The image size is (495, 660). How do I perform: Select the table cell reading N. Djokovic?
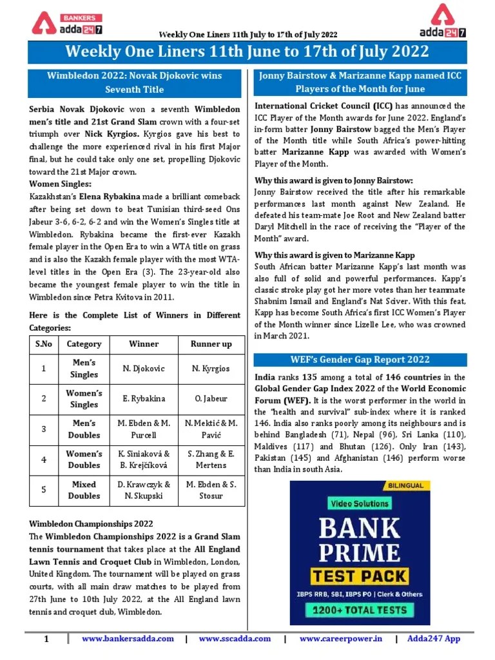144,369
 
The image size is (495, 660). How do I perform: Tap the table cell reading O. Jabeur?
211,399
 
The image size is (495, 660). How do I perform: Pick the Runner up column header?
211,344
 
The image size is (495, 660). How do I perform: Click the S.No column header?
44,344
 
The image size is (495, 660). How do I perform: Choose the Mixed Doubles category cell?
84,490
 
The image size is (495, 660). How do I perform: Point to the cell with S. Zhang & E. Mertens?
211,460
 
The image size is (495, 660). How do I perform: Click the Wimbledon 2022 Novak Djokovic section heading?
134,82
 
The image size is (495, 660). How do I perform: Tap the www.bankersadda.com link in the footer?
128,639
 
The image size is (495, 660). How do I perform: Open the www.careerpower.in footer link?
340,639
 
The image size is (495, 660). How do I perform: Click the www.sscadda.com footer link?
235,639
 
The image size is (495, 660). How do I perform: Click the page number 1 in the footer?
46,639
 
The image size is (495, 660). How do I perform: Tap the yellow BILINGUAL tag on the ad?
405,485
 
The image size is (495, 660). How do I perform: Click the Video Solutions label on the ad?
360,503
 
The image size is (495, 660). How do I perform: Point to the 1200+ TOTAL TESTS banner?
360,609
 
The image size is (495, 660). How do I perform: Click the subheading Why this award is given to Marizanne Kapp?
335,255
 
